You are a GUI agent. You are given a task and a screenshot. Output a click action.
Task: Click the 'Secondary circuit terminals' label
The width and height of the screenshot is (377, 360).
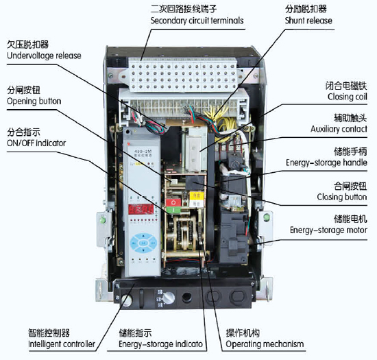(197, 21)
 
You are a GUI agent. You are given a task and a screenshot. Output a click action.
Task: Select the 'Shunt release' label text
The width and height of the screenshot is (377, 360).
(308, 21)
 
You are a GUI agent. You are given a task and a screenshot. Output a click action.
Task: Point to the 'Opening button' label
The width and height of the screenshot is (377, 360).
(34, 101)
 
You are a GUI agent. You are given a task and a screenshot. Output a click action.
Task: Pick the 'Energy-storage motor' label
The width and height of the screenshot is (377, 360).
(329, 230)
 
